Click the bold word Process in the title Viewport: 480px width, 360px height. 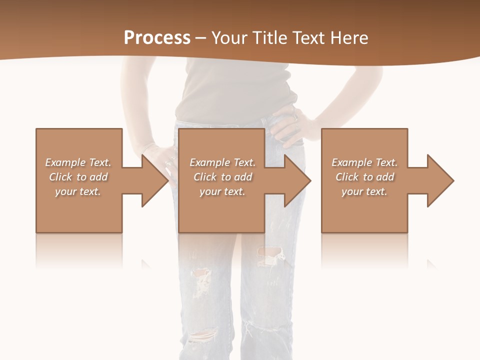click(157, 37)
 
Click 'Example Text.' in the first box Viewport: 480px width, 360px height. click(78, 162)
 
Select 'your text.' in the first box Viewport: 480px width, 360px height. click(78, 191)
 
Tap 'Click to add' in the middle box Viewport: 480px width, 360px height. click(222, 177)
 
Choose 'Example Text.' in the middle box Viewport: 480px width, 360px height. click(222, 162)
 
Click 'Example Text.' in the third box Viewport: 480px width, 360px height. click(364, 162)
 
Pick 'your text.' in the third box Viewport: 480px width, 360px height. click(364, 191)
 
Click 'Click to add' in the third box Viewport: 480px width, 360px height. click(364, 177)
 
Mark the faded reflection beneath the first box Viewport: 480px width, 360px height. click(79, 250)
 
